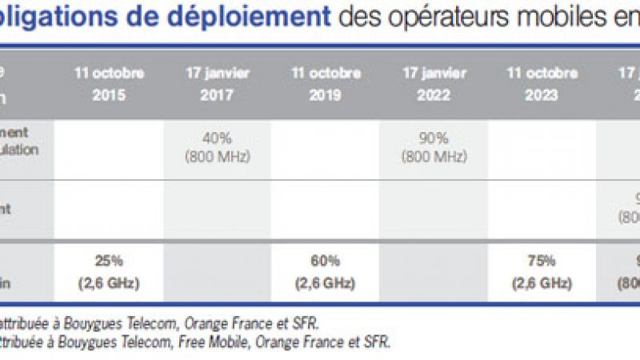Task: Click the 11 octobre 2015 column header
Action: click(x=110, y=82)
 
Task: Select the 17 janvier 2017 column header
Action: click(x=218, y=82)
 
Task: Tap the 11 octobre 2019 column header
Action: click(x=326, y=82)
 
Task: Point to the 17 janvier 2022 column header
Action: click(x=434, y=82)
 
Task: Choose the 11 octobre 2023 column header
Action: click(x=542, y=82)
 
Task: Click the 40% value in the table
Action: click(x=218, y=138)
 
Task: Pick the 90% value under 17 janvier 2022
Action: click(x=434, y=138)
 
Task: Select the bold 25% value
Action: click(x=110, y=261)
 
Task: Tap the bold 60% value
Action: click(x=326, y=261)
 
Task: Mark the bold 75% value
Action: click(x=542, y=261)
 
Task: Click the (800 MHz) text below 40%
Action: click(x=218, y=156)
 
